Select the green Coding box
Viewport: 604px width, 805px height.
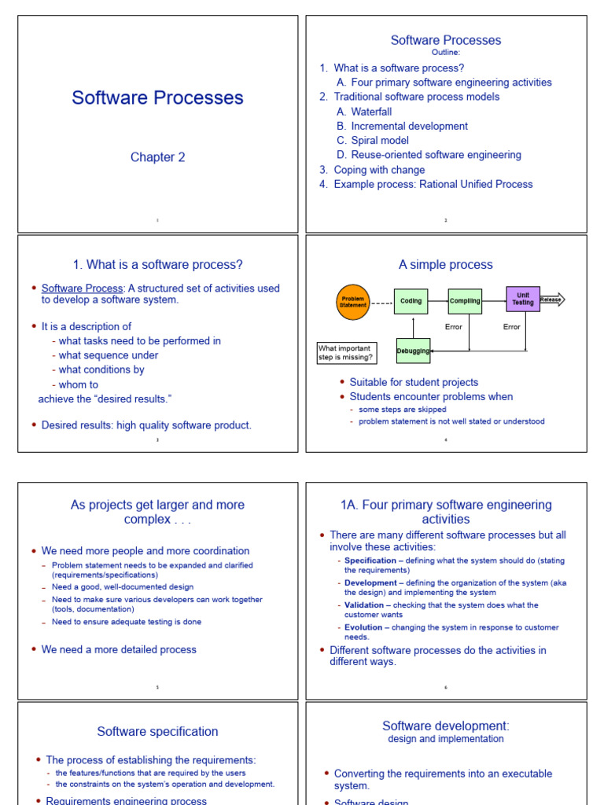tap(411, 301)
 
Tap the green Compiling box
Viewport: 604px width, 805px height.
tap(466, 301)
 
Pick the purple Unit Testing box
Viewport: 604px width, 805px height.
tap(523, 299)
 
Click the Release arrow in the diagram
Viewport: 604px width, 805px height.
tap(552, 300)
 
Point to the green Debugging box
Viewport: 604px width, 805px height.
tap(413, 351)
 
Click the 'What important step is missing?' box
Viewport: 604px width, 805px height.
tap(346, 353)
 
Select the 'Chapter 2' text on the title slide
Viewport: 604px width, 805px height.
tap(158, 157)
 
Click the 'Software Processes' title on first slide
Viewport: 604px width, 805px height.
tap(158, 97)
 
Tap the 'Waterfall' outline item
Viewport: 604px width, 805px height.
tap(371, 112)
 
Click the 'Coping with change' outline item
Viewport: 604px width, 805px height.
tap(379, 170)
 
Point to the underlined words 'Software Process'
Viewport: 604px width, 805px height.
tap(82, 289)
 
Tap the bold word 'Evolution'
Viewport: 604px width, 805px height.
tap(364, 627)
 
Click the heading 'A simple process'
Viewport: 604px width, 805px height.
tap(446, 265)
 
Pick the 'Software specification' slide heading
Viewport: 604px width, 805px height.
tap(158, 732)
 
